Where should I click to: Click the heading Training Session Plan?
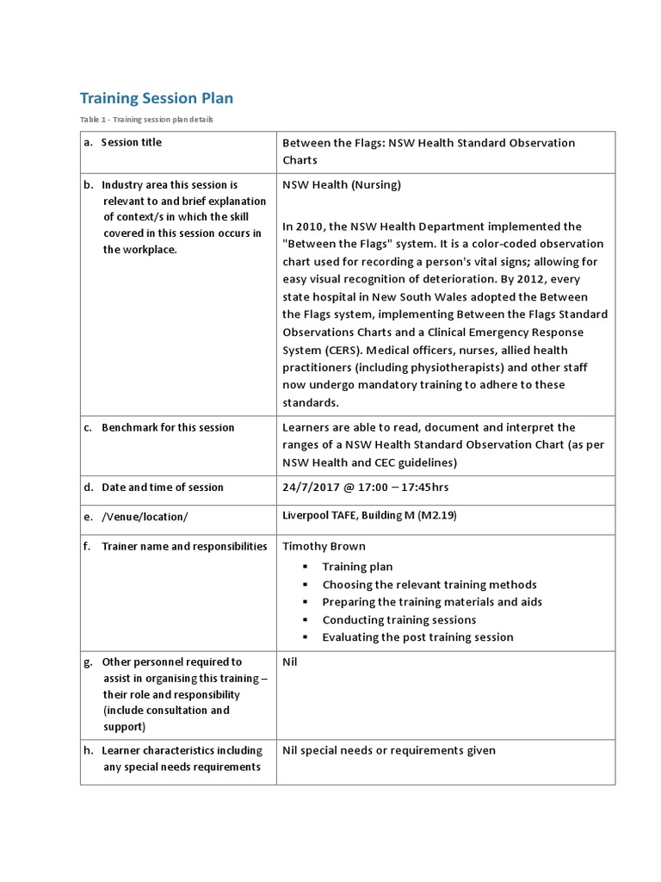tap(156, 98)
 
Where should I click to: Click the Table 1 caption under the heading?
tap(146, 119)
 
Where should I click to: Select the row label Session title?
tap(131, 142)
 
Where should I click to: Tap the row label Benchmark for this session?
tap(167, 427)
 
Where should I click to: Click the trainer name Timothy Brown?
tap(324, 546)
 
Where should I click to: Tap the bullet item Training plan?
tap(357, 567)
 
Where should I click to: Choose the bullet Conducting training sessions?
tap(398, 619)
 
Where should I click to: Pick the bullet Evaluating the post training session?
tap(417, 637)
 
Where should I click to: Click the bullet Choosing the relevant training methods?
tap(429, 584)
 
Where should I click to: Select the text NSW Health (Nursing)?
tap(342, 184)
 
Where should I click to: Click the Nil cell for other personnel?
tap(290, 662)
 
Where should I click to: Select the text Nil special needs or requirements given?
tap(389, 750)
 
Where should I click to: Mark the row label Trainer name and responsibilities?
tap(184, 546)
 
